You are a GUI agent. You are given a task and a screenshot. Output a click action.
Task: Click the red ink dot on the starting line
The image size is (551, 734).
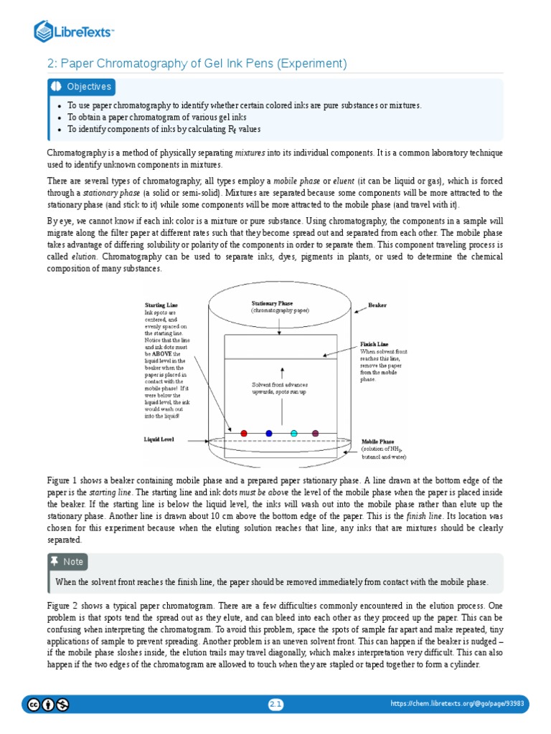[244, 434]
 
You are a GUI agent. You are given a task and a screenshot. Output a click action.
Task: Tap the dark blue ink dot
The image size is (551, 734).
[269, 434]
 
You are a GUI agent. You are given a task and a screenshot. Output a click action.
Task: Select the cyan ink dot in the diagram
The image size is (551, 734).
[294, 434]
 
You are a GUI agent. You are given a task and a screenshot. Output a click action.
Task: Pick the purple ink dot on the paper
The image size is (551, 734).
[316, 434]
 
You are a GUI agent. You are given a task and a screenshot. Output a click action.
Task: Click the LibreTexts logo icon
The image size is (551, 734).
[44, 31]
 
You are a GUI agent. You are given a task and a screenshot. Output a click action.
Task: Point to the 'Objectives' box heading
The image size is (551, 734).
[89, 87]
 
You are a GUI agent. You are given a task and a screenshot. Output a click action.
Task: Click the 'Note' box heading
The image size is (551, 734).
[73, 561]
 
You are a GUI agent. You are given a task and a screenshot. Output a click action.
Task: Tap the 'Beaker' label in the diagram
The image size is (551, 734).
[377, 305]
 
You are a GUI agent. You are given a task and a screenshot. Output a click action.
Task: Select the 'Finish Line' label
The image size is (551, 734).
[374, 345]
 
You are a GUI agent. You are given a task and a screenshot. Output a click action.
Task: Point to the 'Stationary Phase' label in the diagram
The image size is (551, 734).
[272, 303]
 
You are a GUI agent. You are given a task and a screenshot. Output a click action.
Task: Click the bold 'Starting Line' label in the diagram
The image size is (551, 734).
[161, 305]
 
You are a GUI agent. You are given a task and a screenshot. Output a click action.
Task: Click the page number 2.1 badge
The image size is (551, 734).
[276, 705]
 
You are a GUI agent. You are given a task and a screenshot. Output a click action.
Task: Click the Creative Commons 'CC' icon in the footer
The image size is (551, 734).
[34, 705]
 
